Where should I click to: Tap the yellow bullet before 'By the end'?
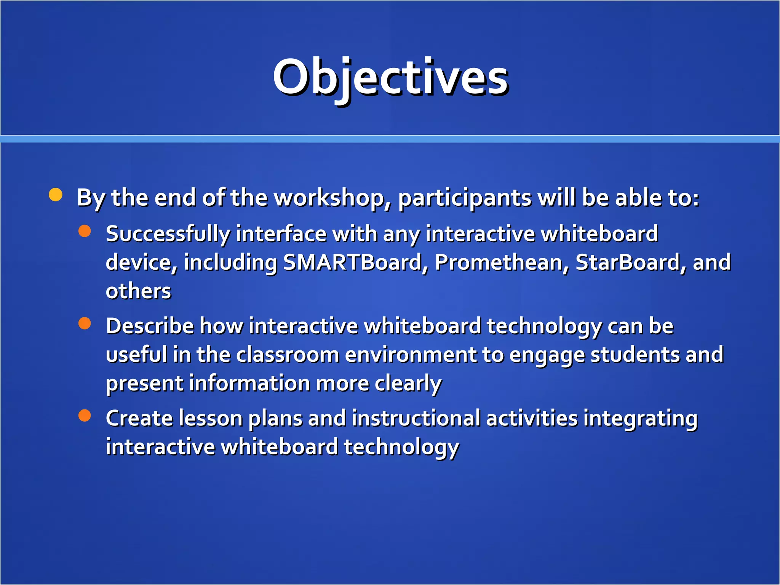pos(56,195)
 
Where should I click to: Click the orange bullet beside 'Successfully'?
pos(85,231)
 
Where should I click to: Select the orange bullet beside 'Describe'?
pos(85,323)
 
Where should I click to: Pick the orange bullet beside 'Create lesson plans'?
pos(85,416)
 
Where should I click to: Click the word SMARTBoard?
pos(353,262)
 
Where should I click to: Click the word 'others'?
pos(138,291)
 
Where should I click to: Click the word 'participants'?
pos(465,198)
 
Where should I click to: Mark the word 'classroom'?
pos(288,355)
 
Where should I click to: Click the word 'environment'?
pos(411,355)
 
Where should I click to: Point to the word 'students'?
pos(635,355)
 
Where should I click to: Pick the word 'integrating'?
pos(640,419)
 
